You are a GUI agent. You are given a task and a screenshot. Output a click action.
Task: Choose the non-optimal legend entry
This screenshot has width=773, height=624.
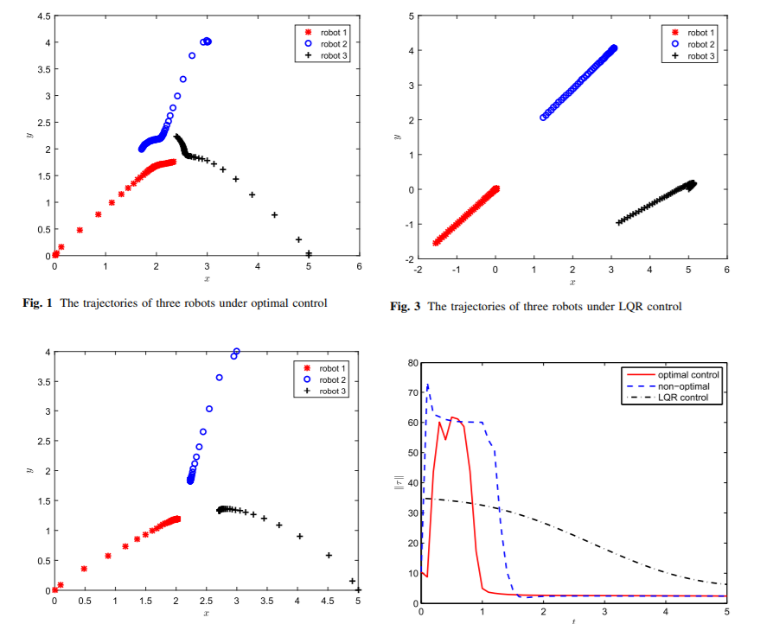[684, 386]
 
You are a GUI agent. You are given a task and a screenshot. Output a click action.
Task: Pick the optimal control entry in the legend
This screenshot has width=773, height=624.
[688, 375]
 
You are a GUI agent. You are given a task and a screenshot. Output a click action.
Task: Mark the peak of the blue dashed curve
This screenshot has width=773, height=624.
[427, 385]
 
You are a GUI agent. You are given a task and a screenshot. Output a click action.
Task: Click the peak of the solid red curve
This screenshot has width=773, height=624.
[452, 417]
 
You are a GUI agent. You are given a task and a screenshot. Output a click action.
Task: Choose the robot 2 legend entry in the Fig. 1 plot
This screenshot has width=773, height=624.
[332, 44]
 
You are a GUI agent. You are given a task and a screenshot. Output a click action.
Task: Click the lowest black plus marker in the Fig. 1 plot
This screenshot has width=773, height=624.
[309, 254]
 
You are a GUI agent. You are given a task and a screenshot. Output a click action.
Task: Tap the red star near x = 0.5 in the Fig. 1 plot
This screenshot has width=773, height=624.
[80, 230]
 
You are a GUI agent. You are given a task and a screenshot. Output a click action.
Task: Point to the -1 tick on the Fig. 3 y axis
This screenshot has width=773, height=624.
[408, 225]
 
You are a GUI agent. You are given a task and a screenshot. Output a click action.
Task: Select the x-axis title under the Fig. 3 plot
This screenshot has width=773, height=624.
[572, 282]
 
